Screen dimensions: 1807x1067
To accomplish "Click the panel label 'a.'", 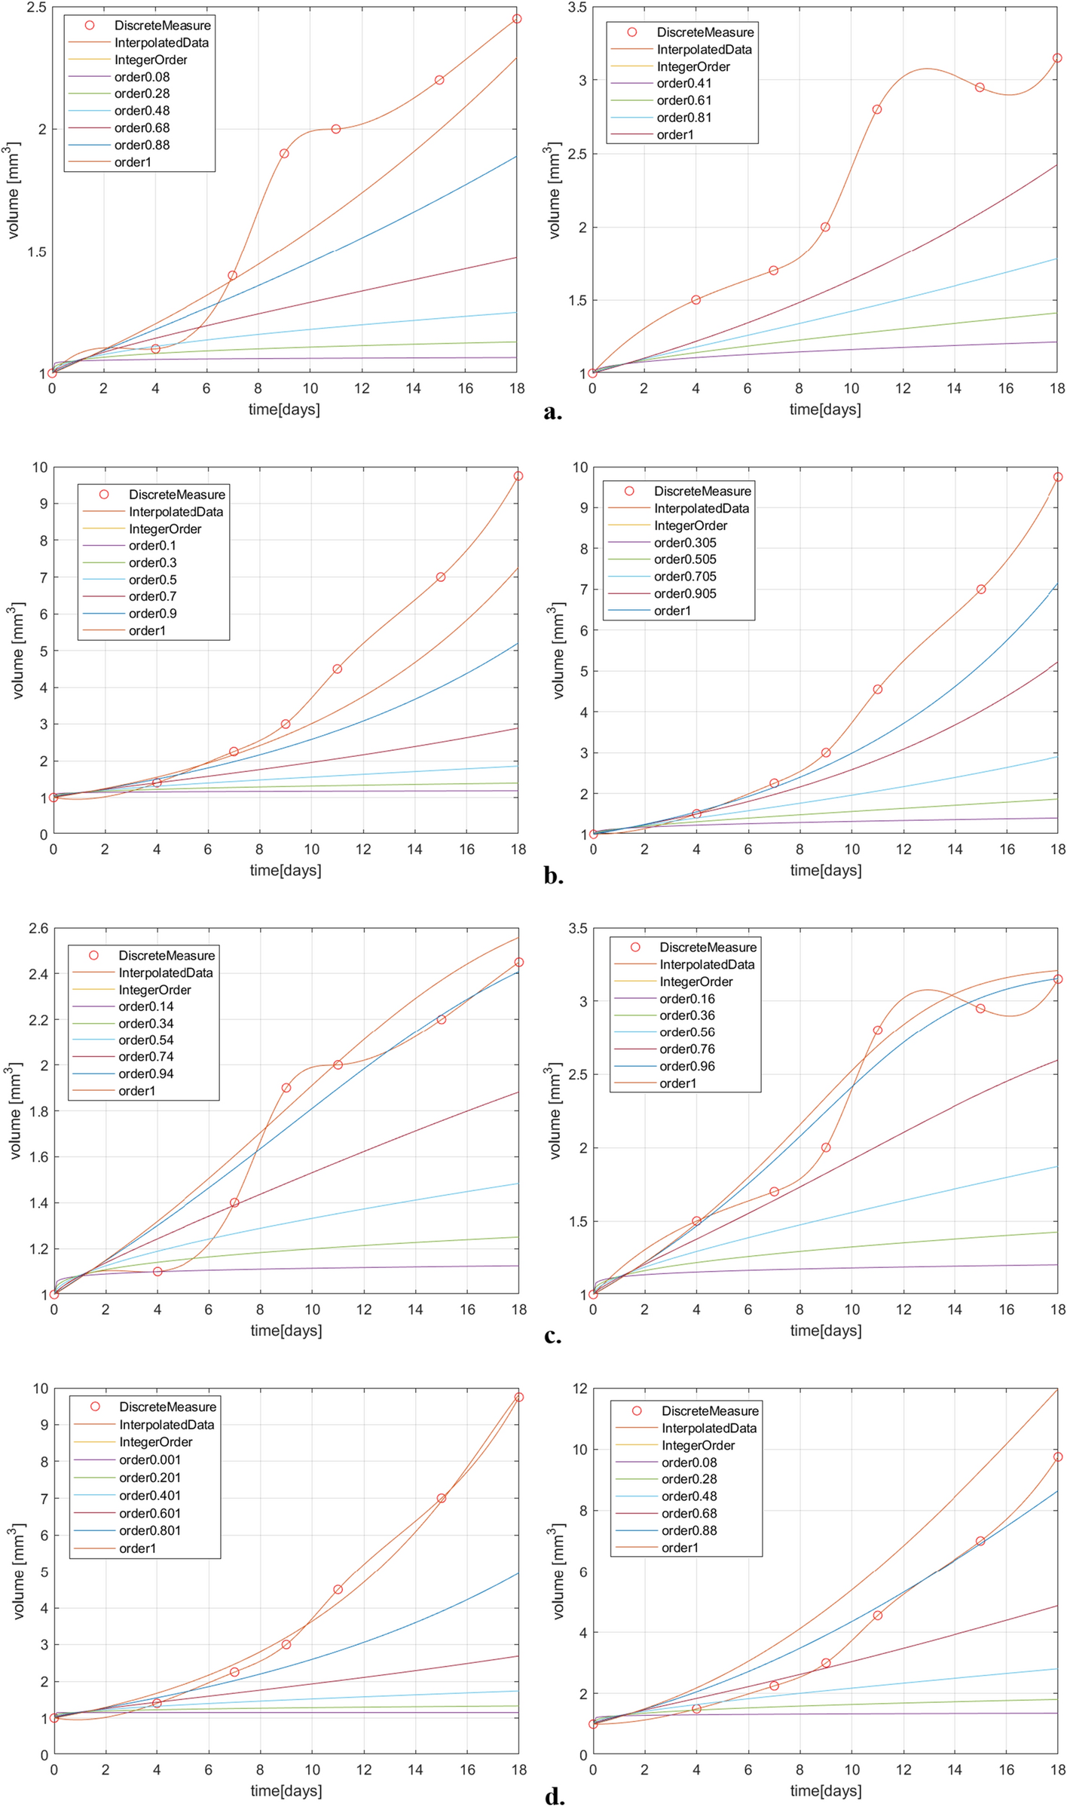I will pos(552,412).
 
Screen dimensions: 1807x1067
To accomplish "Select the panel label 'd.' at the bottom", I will pos(554,1796).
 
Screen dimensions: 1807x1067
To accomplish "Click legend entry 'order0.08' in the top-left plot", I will pos(142,77).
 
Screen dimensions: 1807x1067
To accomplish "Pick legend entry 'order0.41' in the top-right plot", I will pos(683,84).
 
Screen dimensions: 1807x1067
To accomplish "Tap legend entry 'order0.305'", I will pos(685,543).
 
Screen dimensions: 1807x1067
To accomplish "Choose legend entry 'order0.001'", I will pos(149,1460).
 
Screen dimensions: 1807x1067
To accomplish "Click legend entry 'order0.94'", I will pos(145,1073).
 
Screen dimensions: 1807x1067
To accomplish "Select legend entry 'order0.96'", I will pos(687,1066).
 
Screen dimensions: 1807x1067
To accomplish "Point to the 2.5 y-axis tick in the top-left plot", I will pos(36,8).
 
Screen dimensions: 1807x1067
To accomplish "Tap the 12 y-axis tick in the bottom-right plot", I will pos(576,1389).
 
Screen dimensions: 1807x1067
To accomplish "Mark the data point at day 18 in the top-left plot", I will pos(517,19).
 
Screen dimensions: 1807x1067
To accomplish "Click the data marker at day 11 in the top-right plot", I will pos(877,109).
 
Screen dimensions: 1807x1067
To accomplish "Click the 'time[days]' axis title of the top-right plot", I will pos(825,409).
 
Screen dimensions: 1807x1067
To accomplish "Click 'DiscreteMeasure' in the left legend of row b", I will pos(176,495).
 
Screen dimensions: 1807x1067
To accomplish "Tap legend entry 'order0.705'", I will pos(685,577).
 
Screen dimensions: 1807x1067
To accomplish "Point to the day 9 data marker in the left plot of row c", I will pos(286,1088).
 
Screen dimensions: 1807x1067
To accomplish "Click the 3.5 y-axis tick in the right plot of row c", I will pos(577,929).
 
